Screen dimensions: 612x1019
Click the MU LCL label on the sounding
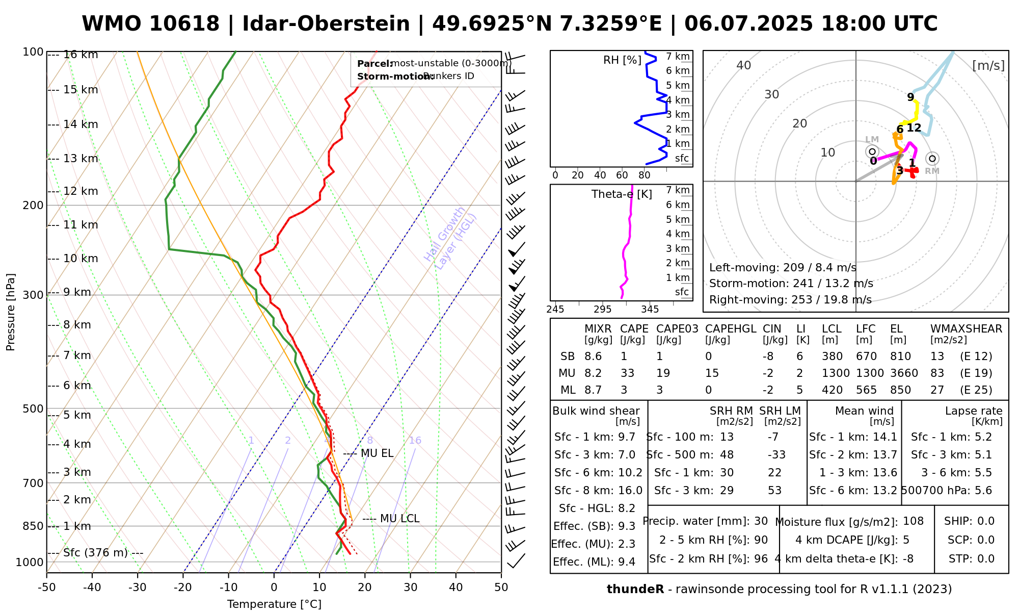[399, 519]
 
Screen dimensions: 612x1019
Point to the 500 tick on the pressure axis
[33, 409]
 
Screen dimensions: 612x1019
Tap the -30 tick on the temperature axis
[138, 588]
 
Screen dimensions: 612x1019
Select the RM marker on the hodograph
[932, 159]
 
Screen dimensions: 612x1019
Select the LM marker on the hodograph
[872, 151]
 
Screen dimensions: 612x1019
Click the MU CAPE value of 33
[627, 373]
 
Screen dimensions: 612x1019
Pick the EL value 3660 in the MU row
[904, 373]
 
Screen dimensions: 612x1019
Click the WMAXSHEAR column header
[966, 329]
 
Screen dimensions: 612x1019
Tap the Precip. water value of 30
[761, 521]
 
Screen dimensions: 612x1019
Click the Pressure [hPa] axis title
[11, 312]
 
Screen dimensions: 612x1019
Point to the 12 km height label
[81, 191]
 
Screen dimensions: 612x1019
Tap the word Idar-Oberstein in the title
[326, 24]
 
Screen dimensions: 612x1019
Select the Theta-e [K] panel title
[622, 194]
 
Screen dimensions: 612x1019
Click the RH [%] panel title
[622, 60]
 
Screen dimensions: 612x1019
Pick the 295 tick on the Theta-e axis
[602, 310]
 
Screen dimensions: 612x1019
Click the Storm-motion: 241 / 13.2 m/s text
[791, 284]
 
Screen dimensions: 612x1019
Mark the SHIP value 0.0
[986, 521]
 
